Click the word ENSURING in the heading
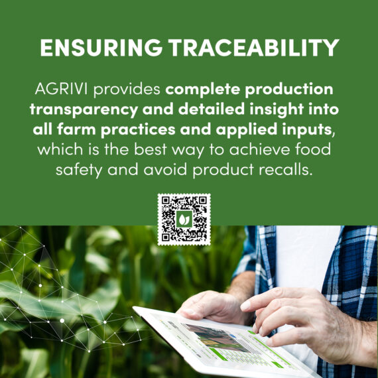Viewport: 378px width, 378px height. [101, 48]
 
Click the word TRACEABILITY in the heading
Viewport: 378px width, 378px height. [253, 48]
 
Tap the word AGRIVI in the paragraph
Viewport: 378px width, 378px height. [61, 89]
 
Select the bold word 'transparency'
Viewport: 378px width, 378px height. [84, 110]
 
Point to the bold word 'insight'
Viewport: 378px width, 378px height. [277, 109]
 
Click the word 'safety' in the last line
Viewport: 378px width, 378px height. [79, 170]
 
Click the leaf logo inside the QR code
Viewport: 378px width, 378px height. [184, 219]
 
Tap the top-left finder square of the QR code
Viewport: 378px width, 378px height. [166, 200]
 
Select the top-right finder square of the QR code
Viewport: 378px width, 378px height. [202, 200]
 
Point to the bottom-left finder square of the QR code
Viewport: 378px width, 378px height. [166, 237]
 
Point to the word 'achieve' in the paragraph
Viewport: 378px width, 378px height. [259, 149]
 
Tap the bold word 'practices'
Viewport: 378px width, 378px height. [138, 130]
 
